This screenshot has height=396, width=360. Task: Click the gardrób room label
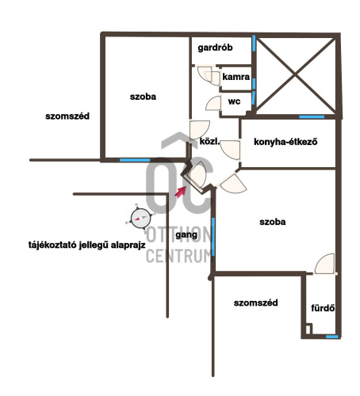tap(215, 48)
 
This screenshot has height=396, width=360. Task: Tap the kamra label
tap(236, 77)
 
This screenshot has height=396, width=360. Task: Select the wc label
tap(234, 101)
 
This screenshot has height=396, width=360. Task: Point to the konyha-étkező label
tap(285, 142)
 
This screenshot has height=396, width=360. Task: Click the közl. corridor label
tap(209, 142)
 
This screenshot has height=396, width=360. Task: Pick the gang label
tap(186, 234)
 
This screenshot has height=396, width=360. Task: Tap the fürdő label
tap(323, 308)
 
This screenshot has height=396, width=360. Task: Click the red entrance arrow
tap(180, 192)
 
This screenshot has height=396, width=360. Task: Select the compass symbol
tap(140, 219)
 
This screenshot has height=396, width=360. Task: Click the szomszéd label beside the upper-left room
tap(67, 116)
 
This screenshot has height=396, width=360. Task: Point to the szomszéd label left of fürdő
tap(255, 303)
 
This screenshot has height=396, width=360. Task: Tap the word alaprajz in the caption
tap(128, 246)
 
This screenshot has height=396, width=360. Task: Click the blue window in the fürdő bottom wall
tap(332, 337)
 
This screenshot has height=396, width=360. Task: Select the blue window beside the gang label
tap(213, 237)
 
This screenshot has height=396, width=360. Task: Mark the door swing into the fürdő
tap(324, 264)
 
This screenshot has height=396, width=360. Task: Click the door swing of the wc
tap(213, 103)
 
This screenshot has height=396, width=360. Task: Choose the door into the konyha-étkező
tap(230, 150)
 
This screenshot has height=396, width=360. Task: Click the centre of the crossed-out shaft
tap(296, 75)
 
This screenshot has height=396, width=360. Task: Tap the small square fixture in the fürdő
tap(308, 329)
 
